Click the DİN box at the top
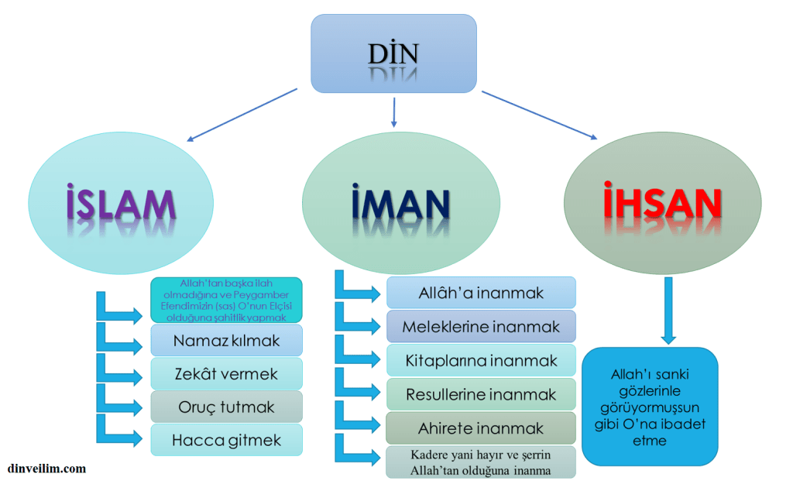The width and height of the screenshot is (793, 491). click(x=393, y=53)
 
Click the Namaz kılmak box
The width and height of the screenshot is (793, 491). click(x=226, y=340)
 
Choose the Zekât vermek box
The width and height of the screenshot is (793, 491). click(x=226, y=373)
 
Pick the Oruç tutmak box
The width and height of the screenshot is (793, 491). click(x=226, y=407)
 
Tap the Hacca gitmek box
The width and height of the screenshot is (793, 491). click(x=226, y=440)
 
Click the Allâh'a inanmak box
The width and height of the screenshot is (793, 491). click(x=481, y=293)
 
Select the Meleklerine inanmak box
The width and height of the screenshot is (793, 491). click(x=481, y=326)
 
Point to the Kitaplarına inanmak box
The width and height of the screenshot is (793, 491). click(x=481, y=360)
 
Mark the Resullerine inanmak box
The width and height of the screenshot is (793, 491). click(x=481, y=394)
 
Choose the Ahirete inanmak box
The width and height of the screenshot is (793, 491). click(x=481, y=427)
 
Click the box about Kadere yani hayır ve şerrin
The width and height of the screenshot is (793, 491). click(x=481, y=462)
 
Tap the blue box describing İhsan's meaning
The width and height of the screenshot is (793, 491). click(x=650, y=406)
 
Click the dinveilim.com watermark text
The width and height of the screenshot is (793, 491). click(x=46, y=469)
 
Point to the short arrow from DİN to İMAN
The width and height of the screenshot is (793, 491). click(x=394, y=112)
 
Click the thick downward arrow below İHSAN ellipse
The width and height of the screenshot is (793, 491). click(x=668, y=310)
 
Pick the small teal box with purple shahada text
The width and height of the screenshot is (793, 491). click(x=226, y=300)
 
